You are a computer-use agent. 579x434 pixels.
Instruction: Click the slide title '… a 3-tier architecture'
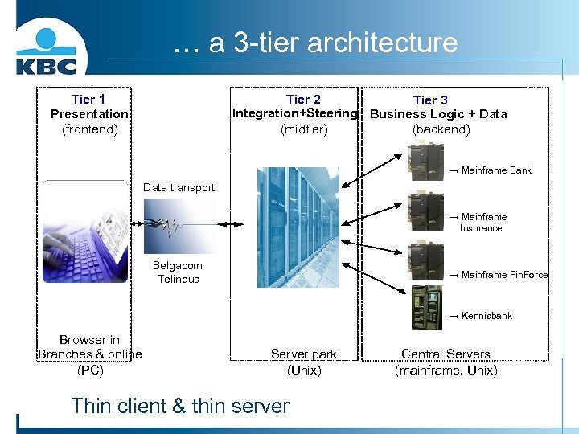(315, 43)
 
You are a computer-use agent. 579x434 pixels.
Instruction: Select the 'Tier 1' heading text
(88, 99)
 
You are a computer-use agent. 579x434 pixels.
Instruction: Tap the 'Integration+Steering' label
(294, 113)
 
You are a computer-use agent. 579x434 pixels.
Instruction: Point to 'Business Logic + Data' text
(438, 114)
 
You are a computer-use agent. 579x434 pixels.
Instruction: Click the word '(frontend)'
(89, 129)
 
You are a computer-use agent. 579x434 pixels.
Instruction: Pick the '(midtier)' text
(304, 129)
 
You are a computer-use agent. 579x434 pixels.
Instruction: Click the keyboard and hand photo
(85, 232)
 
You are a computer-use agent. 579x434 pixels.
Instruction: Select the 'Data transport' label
(179, 188)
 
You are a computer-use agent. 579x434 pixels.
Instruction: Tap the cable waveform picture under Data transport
(179, 226)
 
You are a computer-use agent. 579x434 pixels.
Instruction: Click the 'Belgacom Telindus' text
(179, 272)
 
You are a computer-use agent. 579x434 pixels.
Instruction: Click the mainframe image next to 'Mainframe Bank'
(425, 162)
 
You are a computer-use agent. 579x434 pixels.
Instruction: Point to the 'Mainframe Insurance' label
(482, 223)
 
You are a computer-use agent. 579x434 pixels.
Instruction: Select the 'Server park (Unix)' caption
(304, 362)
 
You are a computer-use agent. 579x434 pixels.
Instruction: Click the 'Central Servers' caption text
(446, 354)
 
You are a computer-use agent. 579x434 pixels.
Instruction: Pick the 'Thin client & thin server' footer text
(180, 406)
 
